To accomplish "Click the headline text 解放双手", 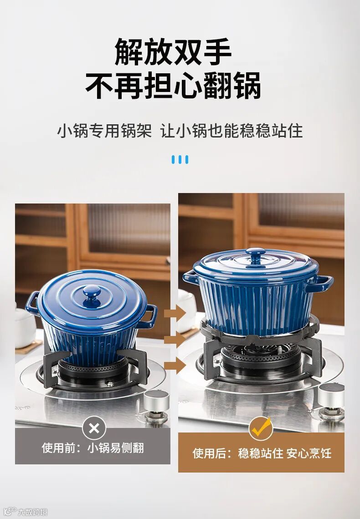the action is (x=173, y=52).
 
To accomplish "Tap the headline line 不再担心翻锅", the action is (x=173, y=86).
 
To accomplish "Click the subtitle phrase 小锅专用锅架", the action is (x=104, y=130).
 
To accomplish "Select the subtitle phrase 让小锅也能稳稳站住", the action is (x=231, y=130).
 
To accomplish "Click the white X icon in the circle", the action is (x=94, y=428).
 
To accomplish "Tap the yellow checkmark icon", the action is (x=261, y=428).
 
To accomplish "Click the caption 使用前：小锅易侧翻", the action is (x=93, y=448).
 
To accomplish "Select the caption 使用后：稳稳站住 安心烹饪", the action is (x=262, y=453).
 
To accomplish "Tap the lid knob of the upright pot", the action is (x=255, y=255).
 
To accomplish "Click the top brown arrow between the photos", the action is (x=175, y=313).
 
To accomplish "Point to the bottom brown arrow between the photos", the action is (x=175, y=366).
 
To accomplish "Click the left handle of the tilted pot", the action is (x=32, y=303).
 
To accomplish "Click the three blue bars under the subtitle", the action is (x=180, y=159).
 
